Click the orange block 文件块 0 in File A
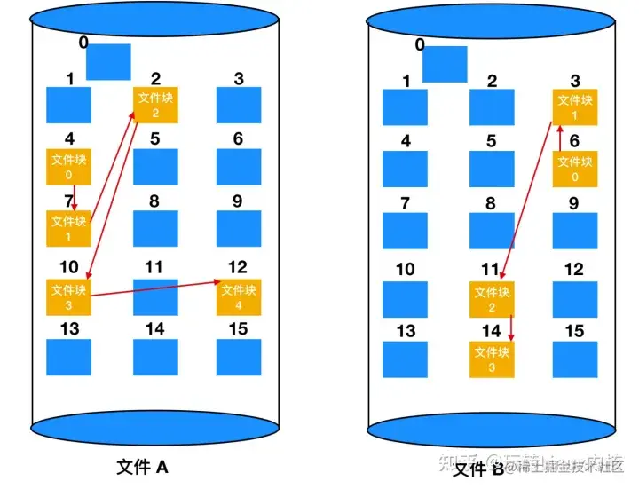click(68, 167)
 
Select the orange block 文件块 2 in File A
click(155, 106)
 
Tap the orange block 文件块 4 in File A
click(239, 297)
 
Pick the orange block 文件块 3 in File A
click(68, 296)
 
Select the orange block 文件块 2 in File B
click(492, 300)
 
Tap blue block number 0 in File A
click(108, 61)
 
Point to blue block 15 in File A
click(239, 357)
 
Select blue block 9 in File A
click(239, 229)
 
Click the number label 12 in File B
click(574, 269)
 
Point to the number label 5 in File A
click(154, 138)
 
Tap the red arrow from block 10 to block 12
click(155, 288)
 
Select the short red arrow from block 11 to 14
click(511, 329)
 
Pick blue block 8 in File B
click(492, 230)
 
